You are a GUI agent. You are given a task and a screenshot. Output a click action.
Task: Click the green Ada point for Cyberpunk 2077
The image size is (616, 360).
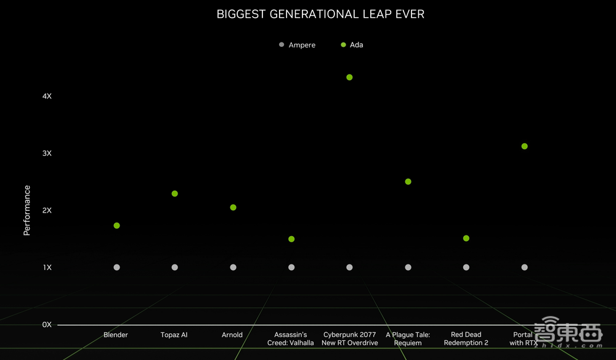pos(349,77)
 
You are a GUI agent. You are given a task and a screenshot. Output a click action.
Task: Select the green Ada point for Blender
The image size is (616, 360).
pos(116,226)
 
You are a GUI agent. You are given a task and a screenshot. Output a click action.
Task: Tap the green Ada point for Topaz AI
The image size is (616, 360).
pos(175,194)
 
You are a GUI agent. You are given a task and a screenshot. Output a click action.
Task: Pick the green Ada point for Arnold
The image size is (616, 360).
pos(233,207)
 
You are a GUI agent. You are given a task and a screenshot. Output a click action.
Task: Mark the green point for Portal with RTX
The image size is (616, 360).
pos(524,146)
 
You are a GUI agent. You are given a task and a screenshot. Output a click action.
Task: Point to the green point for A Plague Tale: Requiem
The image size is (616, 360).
pos(408,181)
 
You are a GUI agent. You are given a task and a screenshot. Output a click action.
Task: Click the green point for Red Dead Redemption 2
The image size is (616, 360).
pos(466,238)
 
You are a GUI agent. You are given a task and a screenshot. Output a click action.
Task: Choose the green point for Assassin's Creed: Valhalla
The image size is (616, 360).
pos(291,239)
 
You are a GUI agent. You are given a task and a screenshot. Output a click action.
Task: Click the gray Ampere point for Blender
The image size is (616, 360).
pos(116,267)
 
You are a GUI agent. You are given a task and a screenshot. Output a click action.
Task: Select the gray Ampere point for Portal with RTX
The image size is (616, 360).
pos(524,267)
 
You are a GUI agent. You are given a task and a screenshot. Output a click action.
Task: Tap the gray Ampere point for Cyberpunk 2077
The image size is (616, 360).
pos(349,267)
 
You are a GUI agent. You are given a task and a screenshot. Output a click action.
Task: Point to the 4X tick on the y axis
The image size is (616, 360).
pos(47,96)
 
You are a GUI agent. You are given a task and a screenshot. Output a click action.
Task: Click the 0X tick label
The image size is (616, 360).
pos(47,324)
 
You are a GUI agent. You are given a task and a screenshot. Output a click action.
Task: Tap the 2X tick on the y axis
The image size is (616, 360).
pos(47,210)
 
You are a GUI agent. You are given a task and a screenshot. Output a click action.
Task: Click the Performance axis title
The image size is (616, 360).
pos(26,210)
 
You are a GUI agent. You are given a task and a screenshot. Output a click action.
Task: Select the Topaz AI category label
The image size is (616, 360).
pos(174,335)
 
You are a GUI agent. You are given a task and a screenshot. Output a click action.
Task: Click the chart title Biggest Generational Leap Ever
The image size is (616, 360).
pos(320,14)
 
